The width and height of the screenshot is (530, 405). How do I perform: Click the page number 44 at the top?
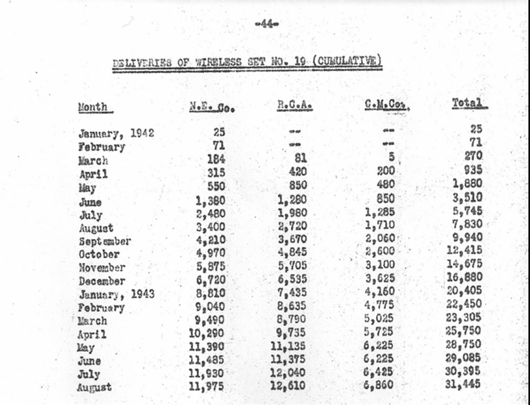point(266,24)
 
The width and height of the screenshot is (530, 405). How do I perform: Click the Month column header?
point(93,107)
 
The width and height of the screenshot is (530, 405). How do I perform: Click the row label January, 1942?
point(116,134)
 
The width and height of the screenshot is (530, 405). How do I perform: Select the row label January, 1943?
point(117,294)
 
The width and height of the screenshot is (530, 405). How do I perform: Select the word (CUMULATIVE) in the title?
point(347,60)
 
